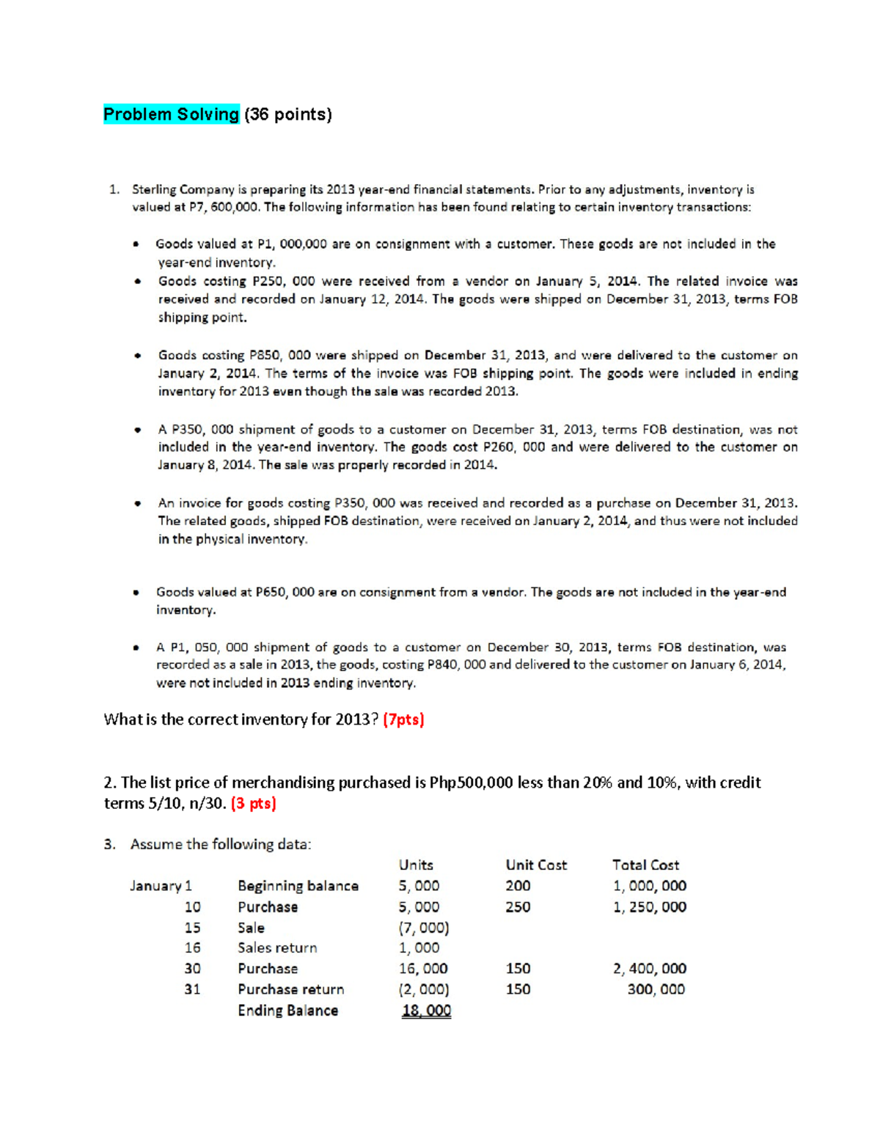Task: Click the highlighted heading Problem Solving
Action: (x=171, y=114)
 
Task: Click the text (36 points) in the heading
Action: (x=288, y=114)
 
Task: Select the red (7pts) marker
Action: (x=403, y=719)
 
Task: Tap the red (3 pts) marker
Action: (x=253, y=804)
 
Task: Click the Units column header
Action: (x=416, y=865)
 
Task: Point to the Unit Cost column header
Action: (x=536, y=865)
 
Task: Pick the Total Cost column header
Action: (x=645, y=865)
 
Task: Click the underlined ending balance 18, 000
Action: (x=426, y=1011)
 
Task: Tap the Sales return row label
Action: (x=277, y=948)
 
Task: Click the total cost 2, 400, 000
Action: (x=650, y=969)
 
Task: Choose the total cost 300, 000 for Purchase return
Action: (x=656, y=989)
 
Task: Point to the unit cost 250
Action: (x=518, y=907)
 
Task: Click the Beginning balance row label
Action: (x=298, y=886)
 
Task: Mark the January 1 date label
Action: (x=161, y=886)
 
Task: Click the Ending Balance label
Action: (x=287, y=1011)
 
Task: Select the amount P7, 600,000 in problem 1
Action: (x=224, y=208)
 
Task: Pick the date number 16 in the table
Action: (x=192, y=948)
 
